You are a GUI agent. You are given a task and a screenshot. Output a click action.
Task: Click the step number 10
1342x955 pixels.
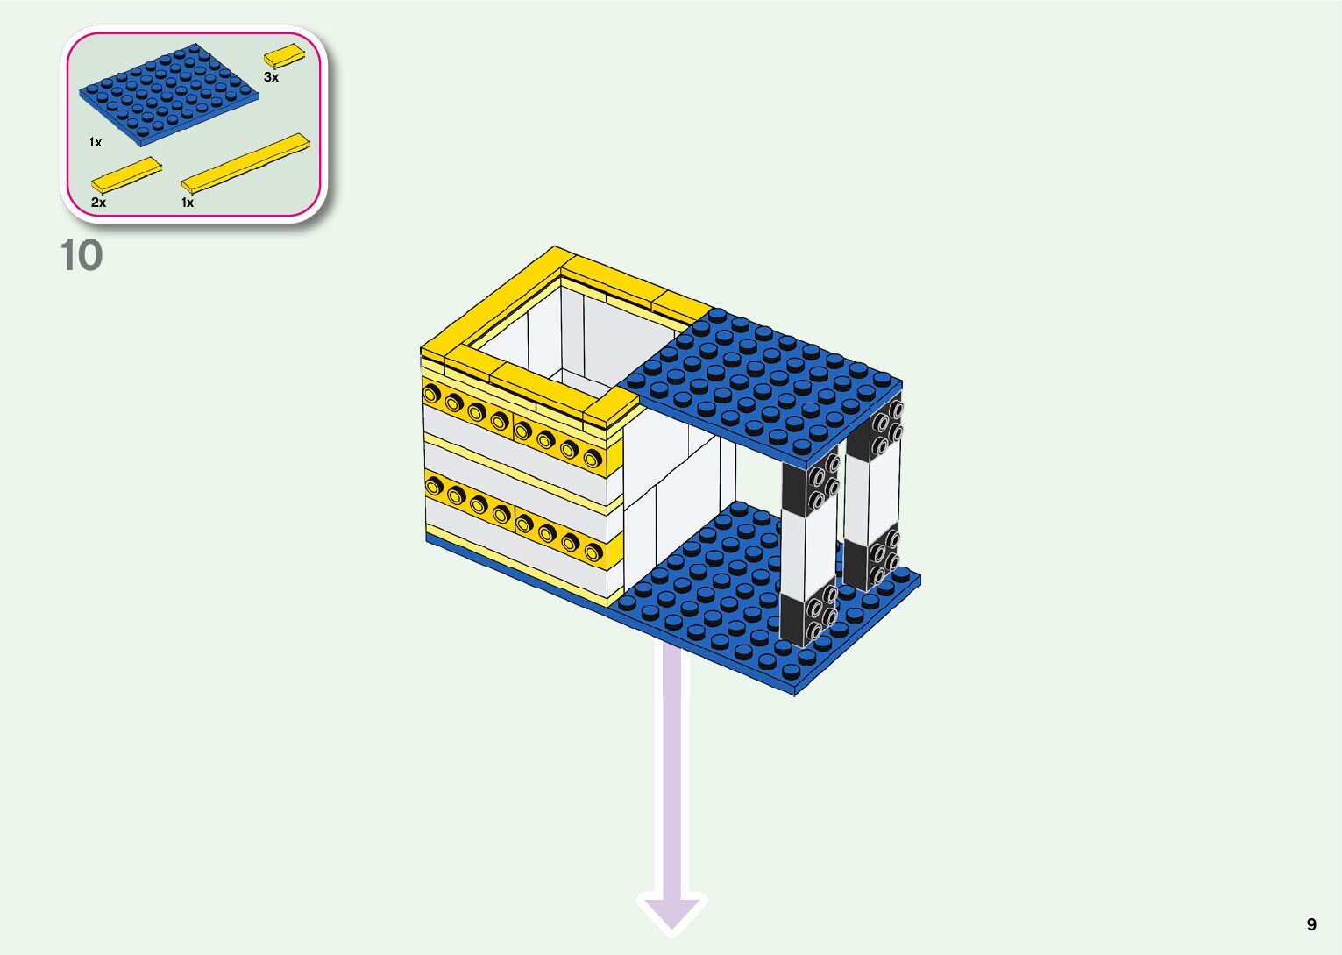click(82, 255)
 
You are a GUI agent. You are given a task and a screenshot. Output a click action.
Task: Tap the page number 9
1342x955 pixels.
click(1311, 924)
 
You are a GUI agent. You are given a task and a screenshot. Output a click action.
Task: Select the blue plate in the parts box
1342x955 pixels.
click(168, 94)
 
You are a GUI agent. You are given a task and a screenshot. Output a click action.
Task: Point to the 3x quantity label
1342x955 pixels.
click(272, 77)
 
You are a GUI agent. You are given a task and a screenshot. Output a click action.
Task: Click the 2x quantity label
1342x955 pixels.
click(98, 203)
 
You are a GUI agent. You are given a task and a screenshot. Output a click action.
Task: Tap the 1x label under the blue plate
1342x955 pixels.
click(96, 142)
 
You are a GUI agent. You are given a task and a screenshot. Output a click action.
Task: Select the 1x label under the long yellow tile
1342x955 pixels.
click(188, 203)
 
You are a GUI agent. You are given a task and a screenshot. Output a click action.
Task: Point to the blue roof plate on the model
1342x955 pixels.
click(763, 377)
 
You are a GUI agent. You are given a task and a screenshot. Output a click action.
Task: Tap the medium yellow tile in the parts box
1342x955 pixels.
click(127, 174)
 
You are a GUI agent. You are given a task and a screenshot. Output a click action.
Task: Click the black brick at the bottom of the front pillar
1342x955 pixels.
click(806, 618)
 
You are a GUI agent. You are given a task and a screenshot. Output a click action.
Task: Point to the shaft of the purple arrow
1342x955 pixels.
click(672, 772)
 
